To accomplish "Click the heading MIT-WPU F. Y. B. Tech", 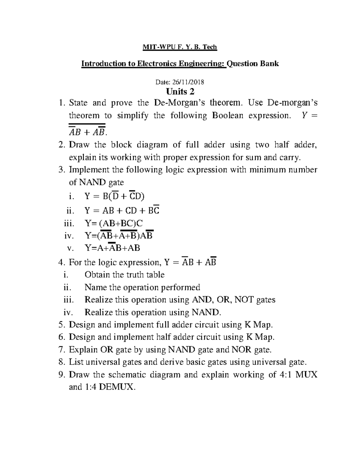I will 179,47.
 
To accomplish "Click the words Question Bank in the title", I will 253,64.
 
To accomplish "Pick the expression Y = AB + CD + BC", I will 122,211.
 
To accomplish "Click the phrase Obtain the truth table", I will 124,275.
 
